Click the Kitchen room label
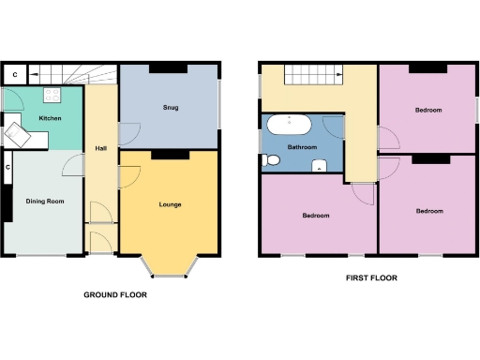click(x=50, y=118)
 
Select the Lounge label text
click(x=170, y=204)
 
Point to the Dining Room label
click(x=44, y=201)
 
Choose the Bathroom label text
click(x=301, y=148)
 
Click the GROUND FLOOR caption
click(x=115, y=294)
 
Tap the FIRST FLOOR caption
click(x=370, y=278)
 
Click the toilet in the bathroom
click(x=273, y=161)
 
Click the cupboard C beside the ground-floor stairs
click(x=14, y=73)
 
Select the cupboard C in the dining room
click(x=7, y=168)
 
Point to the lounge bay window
click(x=170, y=271)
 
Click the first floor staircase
click(x=312, y=74)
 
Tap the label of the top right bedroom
click(x=429, y=110)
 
